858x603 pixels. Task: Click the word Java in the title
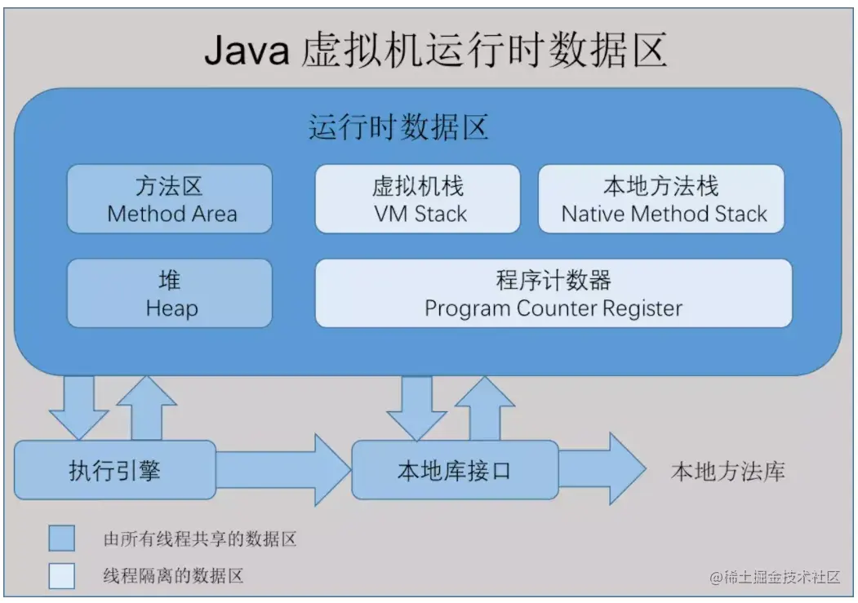pos(246,51)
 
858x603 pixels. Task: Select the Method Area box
pos(170,199)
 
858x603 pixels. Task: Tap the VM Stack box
pos(417,199)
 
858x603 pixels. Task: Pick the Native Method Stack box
pos(662,199)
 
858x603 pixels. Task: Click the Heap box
pos(170,294)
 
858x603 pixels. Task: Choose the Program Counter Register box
pos(553,294)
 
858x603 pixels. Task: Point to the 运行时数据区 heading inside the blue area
pos(398,129)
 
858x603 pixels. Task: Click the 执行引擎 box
pos(115,471)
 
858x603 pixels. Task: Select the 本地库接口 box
pos(454,471)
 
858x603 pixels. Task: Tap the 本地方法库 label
pos(728,472)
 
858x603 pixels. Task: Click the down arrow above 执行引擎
pos(78,406)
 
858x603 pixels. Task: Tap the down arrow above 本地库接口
pos(416,406)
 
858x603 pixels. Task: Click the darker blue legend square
pos(61,538)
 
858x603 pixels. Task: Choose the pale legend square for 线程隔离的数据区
pos(61,575)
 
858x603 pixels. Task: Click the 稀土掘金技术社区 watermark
pos(775,577)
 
